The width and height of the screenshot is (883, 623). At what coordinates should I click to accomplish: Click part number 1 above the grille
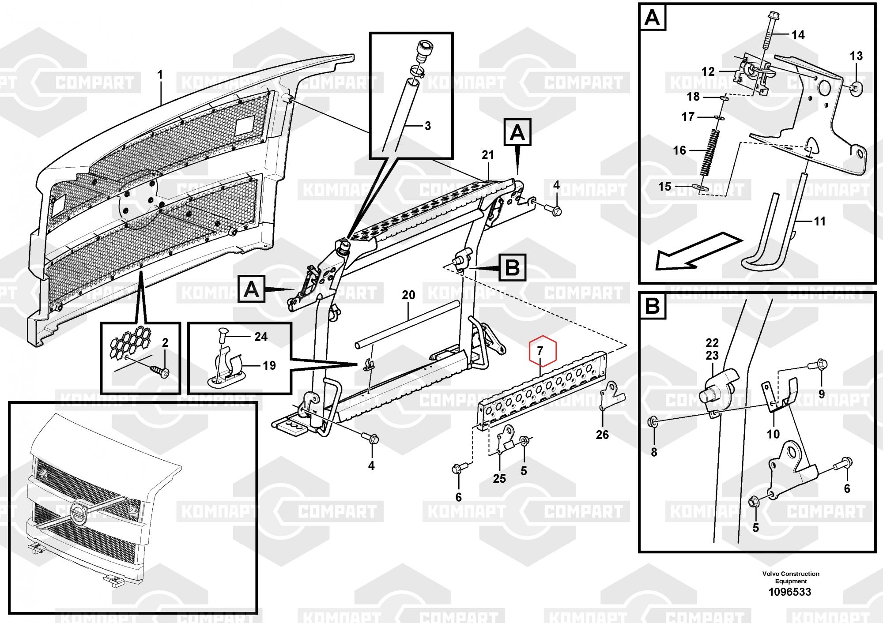click(x=160, y=75)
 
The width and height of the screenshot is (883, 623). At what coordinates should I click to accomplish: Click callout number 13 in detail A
click(x=856, y=56)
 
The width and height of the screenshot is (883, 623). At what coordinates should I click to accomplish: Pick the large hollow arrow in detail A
click(x=698, y=250)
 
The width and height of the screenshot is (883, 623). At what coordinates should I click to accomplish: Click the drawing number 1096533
click(x=790, y=592)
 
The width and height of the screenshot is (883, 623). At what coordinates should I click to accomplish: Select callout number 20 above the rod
click(x=408, y=295)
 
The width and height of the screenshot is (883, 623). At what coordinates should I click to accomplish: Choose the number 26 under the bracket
click(x=602, y=435)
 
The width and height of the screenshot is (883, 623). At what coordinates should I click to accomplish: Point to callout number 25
click(x=499, y=478)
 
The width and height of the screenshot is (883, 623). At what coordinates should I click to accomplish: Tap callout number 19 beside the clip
click(x=269, y=365)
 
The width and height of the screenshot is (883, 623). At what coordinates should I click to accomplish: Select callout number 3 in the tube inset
click(x=427, y=126)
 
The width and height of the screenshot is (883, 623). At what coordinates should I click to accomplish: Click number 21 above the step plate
click(x=488, y=155)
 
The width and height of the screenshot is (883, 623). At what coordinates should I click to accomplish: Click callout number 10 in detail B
click(x=773, y=434)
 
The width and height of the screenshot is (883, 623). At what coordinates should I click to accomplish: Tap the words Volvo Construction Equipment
click(x=790, y=578)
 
